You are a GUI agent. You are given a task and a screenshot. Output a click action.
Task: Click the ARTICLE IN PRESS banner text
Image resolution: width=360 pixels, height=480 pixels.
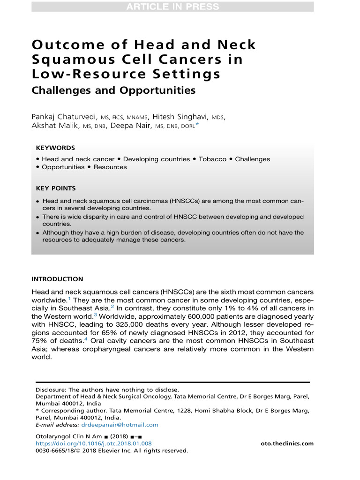pyautogui.click(x=172, y=7)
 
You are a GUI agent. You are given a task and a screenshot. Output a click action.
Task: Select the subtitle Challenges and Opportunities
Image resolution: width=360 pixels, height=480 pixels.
pyautogui.click(x=113, y=90)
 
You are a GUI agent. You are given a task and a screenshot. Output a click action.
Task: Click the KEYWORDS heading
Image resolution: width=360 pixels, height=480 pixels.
pyautogui.click(x=55, y=148)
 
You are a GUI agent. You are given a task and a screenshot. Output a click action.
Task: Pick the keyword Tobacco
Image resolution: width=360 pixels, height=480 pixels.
pyautogui.click(x=212, y=159)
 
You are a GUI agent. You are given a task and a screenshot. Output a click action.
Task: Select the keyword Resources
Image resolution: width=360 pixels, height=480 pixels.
pyautogui.click(x=110, y=167)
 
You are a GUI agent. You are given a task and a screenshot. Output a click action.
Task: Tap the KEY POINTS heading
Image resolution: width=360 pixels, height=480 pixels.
pyautogui.click(x=56, y=188)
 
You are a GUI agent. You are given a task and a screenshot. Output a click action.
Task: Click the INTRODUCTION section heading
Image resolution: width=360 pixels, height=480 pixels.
pyautogui.click(x=57, y=279)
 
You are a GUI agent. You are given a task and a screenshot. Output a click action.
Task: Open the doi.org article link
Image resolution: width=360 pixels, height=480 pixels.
pyautogui.click(x=94, y=443)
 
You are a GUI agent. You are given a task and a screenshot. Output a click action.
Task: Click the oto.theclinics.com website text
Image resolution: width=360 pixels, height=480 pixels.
pyautogui.click(x=287, y=443)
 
